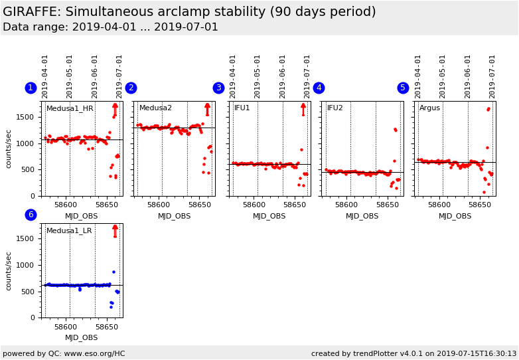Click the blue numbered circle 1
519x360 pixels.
[31, 88]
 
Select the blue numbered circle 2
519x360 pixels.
[131, 88]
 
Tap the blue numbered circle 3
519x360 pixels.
[218, 88]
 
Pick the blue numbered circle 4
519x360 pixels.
[319, 88]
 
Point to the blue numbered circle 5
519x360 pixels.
[403, 88]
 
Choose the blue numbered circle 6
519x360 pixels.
[31, 215]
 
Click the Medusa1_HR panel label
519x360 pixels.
[70, 108]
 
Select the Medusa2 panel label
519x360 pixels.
[155, 108]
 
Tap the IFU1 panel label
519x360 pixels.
[242, 108]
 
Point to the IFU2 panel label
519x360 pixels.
[334, 108]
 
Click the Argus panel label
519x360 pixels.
[429, 108]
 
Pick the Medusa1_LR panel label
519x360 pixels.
[69, 230]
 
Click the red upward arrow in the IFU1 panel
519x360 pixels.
[303, 108]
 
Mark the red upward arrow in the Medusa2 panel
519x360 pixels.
[207, 108]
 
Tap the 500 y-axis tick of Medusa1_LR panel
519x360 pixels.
[32, 292]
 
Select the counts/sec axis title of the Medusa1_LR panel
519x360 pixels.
[9, 270]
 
